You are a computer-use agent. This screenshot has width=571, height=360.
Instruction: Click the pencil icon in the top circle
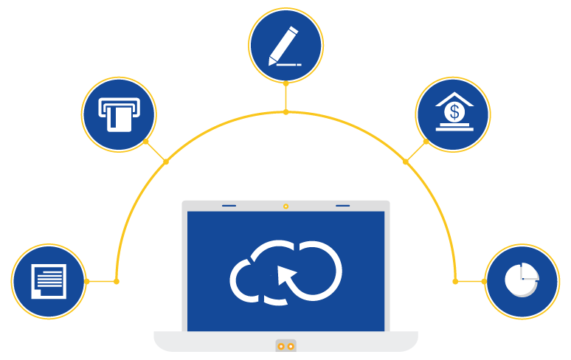point(285,46)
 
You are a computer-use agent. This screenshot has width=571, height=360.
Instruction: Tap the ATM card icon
point(118,114)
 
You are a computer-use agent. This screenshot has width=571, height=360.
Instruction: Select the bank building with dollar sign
point(453,113)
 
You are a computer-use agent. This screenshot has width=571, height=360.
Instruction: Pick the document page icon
point(49,281)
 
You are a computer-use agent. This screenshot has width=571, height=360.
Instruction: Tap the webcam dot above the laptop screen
point(285,206)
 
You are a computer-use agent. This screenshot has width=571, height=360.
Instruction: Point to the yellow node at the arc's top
point(285,112)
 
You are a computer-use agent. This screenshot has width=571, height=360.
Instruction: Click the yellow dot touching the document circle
point(86,281)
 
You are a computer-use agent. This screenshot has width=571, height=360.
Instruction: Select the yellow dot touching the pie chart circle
point(484,281)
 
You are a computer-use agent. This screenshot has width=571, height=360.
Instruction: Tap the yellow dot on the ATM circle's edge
point(145,141)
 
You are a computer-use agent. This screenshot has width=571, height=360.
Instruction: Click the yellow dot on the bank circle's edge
point(426,141)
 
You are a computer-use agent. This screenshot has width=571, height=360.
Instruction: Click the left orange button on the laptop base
point(281,346)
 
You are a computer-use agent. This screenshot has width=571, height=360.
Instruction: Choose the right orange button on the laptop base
point(291,346)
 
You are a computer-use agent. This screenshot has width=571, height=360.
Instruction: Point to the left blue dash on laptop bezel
point(229,206)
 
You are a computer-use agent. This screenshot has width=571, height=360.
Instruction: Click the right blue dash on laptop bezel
point(342,206)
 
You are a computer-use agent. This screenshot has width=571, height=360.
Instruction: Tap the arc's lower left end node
point(117,281)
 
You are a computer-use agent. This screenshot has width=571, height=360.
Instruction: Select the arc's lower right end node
point(455,281)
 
